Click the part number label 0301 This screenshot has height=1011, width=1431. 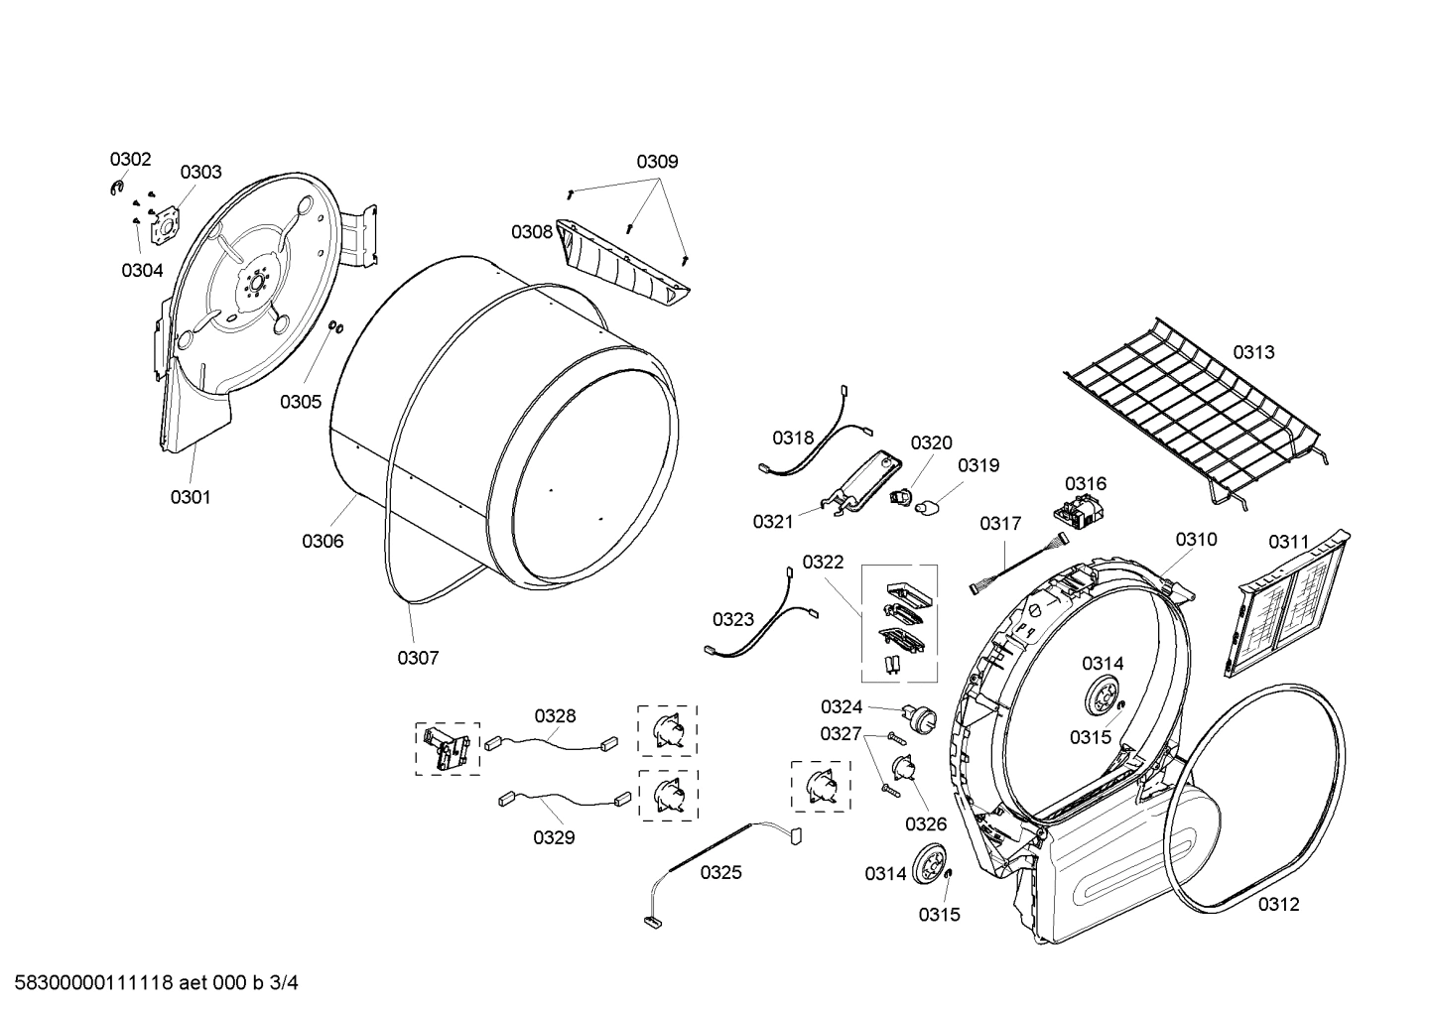[x=190, y=497]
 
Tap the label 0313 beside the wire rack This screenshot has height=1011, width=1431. [x=1253, y=352]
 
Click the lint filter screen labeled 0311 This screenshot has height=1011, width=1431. [x=1286, y=609]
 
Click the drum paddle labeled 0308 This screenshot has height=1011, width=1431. [x=623, y=261]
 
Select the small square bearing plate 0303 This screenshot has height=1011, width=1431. [x=163, y=225]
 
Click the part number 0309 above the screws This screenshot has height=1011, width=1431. [x=657, y=161]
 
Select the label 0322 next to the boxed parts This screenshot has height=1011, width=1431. [x=823, y=563]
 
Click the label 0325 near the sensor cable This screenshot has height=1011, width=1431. [x=720, y=872]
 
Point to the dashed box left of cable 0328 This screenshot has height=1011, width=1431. [x=447, y=748]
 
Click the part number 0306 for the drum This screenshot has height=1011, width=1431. [x=323, y=541]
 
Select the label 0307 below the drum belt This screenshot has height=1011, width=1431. [x=418, y=657]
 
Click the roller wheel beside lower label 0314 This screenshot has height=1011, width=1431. [x=930, y=863]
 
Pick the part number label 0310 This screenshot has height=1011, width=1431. [x=1196, y=539]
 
